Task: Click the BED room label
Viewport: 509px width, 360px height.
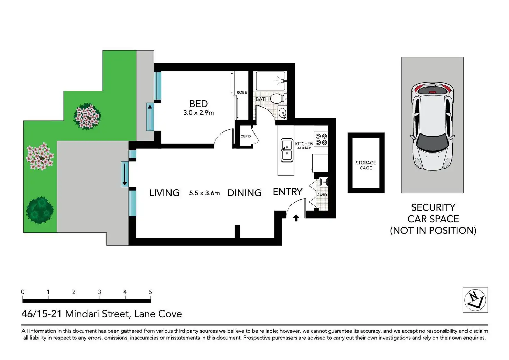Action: click(198, 104)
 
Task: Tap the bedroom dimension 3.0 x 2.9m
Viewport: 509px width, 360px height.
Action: click(198, 113)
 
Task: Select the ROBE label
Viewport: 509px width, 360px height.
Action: click(242, 92)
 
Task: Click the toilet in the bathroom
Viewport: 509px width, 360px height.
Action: click(278, 99)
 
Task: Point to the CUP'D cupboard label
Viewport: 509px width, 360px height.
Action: click(246, 136)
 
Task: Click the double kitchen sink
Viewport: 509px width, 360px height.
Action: click(287, 150)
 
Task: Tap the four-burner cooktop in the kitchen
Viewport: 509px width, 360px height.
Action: click(321, 139)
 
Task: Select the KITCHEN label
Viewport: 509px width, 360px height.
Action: click(304, 144)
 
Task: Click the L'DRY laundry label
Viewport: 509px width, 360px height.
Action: click(322, 194)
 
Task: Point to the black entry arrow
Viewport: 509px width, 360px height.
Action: click(296, 218)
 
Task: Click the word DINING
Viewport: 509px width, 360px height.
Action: click(244, 193)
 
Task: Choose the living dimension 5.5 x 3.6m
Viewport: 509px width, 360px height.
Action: click(204, 193)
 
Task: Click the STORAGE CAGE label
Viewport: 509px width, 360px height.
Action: click(366, 165)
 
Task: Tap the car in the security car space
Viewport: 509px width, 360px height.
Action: click(433, 126)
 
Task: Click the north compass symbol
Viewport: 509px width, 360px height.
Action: click(475, 300)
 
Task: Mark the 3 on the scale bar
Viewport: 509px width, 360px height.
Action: click(99, 292)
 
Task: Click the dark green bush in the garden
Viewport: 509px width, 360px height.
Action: click(40, 210)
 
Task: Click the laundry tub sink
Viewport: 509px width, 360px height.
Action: click(324, 182)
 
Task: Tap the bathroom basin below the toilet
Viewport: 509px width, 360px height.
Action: click(283, 113)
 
